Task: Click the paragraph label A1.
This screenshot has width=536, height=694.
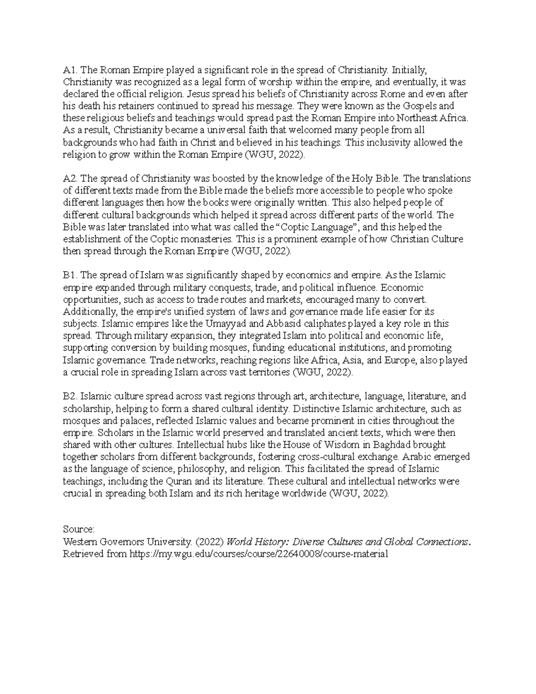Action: [70, 70]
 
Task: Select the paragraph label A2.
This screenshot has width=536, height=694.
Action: [70, 179]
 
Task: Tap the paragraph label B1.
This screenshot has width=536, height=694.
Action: [70, 275]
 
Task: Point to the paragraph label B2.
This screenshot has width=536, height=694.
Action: [70, 396]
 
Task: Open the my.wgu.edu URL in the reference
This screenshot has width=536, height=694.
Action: [259, 554]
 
